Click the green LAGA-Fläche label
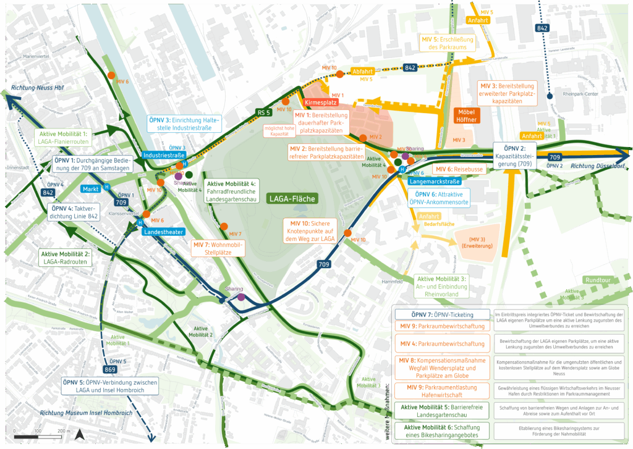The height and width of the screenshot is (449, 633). [292, 198]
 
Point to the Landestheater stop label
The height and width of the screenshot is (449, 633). [163, 232]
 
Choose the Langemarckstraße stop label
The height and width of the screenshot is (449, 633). [434, 181]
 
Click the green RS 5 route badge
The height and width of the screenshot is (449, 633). [264, 112]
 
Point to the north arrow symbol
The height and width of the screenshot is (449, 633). [79, 435]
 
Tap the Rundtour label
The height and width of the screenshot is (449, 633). [598, 279]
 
